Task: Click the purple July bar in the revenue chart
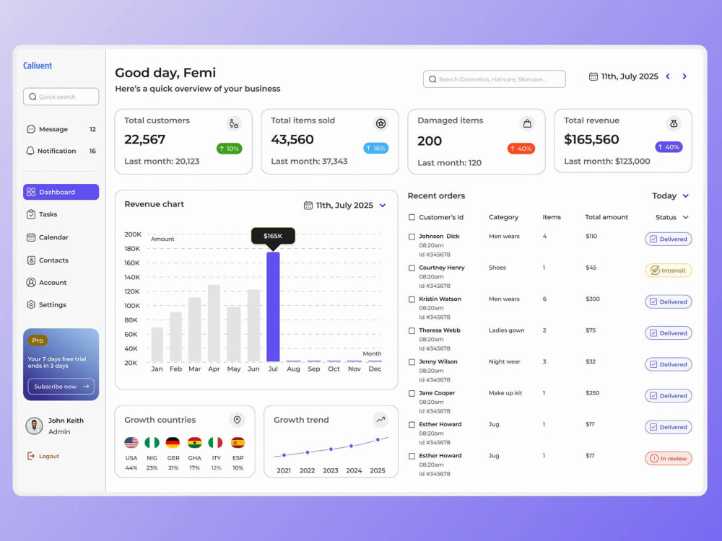point(273,307)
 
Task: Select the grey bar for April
point(214,323)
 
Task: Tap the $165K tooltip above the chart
point(273,236)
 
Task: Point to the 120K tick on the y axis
point(131,291)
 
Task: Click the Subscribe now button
point(61,387)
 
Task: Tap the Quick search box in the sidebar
point(61,97)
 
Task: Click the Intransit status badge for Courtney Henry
point(668,270)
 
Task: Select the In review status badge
point(668,458)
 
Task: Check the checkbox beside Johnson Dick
point(412,237)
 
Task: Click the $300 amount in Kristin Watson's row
point(593,299)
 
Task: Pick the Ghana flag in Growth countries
point(195,443)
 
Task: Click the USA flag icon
point(131,443)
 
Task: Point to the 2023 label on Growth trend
point(331,470)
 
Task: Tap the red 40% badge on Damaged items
point(521,149)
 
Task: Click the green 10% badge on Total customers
point(230,149)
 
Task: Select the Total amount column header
point(606,217)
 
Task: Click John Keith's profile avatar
point(34,426)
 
